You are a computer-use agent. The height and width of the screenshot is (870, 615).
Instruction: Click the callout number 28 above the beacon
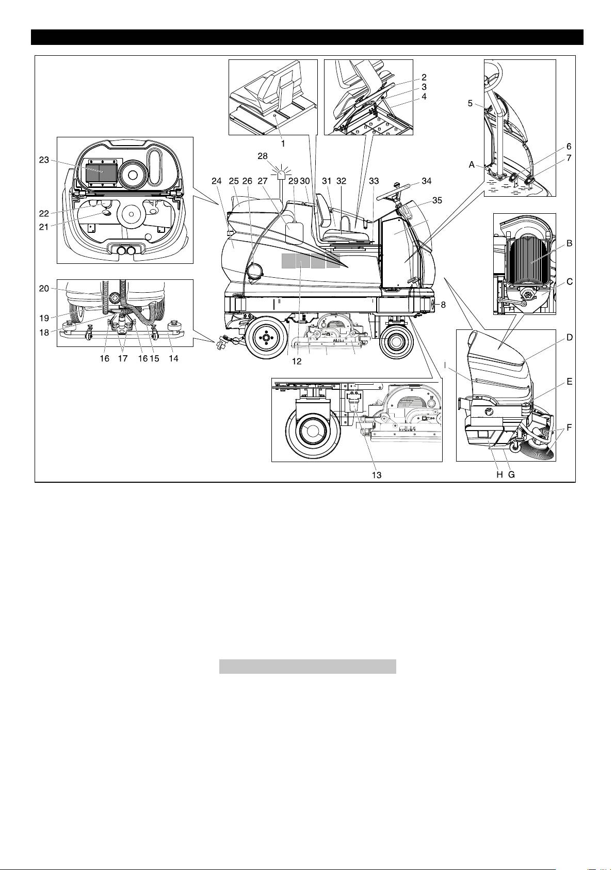click(263, 156)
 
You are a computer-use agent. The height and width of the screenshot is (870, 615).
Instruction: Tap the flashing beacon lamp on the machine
click(282, 175)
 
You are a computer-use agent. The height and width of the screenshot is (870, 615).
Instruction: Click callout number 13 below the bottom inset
click(377, 475)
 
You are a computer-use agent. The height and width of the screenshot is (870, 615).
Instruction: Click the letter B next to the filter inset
click(569, 243)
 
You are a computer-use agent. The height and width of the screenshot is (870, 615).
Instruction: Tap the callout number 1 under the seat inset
click(283, 144)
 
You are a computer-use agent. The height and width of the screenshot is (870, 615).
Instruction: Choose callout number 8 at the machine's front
click(443, 305)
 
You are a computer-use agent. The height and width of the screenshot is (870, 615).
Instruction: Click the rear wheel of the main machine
click(265, 339)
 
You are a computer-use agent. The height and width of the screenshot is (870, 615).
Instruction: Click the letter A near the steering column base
click(472, 165)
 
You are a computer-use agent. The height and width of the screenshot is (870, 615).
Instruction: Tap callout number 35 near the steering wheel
click(437, 200)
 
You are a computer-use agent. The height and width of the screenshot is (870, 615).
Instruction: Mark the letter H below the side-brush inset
click(499, 475)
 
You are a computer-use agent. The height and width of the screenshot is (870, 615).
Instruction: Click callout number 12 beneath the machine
click(297, 361)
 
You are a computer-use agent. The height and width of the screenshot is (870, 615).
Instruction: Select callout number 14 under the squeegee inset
click(173, 358)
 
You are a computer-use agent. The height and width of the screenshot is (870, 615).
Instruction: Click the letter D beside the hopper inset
click(570, 338)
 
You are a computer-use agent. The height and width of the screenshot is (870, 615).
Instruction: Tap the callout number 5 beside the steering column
click(470, 103)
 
